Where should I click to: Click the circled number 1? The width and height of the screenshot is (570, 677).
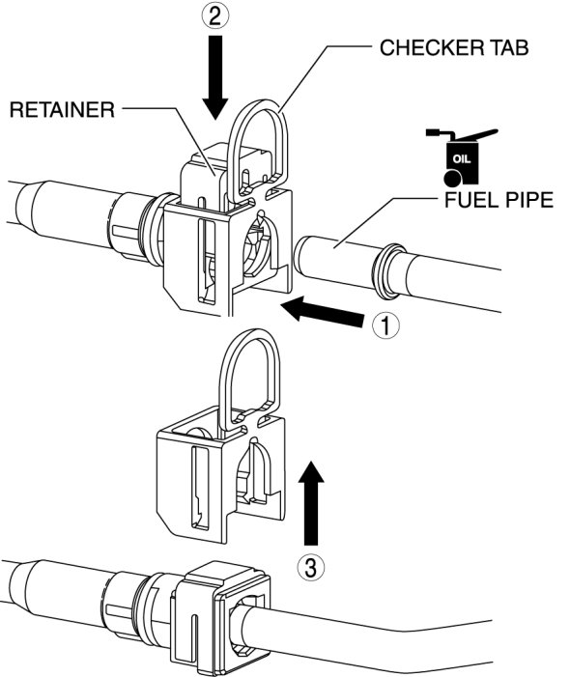pyautogui.click(x=385, y=325)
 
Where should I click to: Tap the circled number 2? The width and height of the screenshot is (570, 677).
pyautogui.click(x=215, y=16)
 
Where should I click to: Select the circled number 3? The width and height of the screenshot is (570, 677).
pyautogui.click(x=311, y=567)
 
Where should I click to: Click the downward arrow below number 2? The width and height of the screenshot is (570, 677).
pyautogui.click(x=215, y=77)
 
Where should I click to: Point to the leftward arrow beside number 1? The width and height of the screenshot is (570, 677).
pyautogui.click(x=322, y=311)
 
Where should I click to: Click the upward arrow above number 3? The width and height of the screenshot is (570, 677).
pyautogui.click(x=311, y=502)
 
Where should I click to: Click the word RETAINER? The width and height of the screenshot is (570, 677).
pyautogui.click(x=62, y=110)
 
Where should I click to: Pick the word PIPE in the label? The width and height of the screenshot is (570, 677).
pyautogui.click(x=527, y=200)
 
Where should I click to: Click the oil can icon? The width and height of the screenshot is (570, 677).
pyautogui.click(x=461, y=157)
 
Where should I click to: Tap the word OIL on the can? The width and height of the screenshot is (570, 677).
pyautogui.click(x=462, y=159)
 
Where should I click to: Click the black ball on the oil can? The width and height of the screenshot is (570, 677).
pyautogui.click(x=452, y=178)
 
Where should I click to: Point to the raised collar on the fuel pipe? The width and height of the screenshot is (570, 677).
pyautogui.click(x=388, y=271)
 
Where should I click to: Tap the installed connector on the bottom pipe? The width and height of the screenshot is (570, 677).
pyautogui.click(x=220, y=613)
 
